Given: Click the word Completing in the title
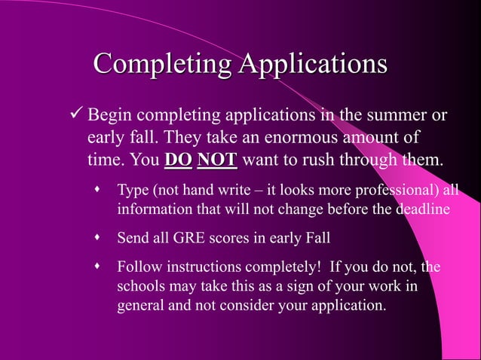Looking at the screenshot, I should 162,66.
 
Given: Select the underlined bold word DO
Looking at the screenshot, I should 178,160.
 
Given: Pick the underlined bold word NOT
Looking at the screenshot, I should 217,160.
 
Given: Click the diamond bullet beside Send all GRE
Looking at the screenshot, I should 97,238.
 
